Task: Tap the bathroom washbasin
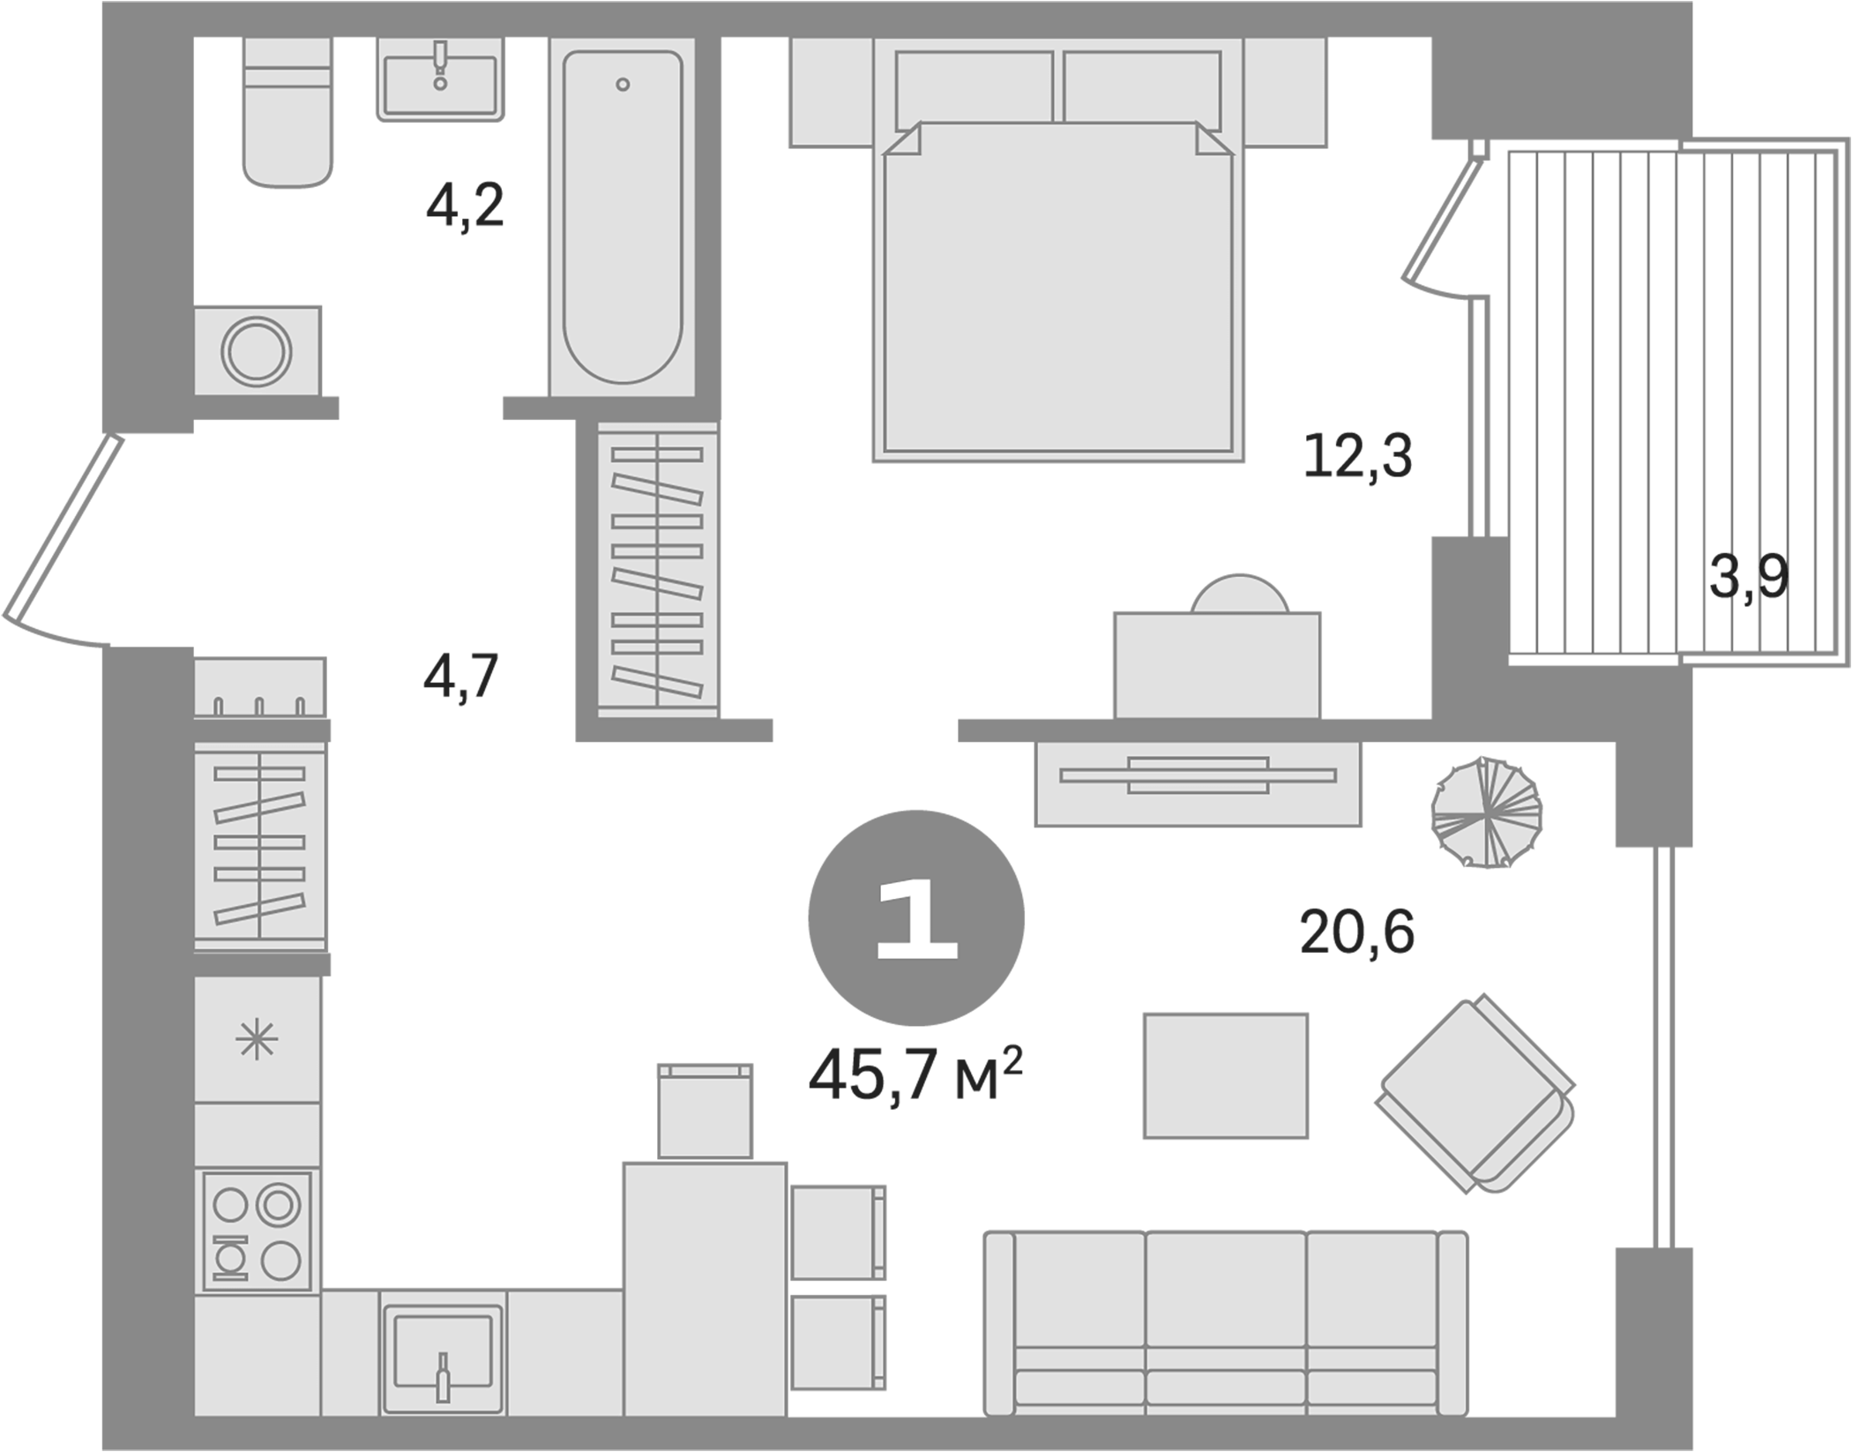[440, 79]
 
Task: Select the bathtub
[623, 216]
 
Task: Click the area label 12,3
[1357, 457]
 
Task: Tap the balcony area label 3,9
[1748, 578]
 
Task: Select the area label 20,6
[1356, 932]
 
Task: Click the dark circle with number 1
[916, 918]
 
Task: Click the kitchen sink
[442, 1352]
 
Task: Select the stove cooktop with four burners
[257, 1232]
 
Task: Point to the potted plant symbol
[1486, 812]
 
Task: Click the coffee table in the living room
[1225, 1075]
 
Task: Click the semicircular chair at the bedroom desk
[1239, 595]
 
